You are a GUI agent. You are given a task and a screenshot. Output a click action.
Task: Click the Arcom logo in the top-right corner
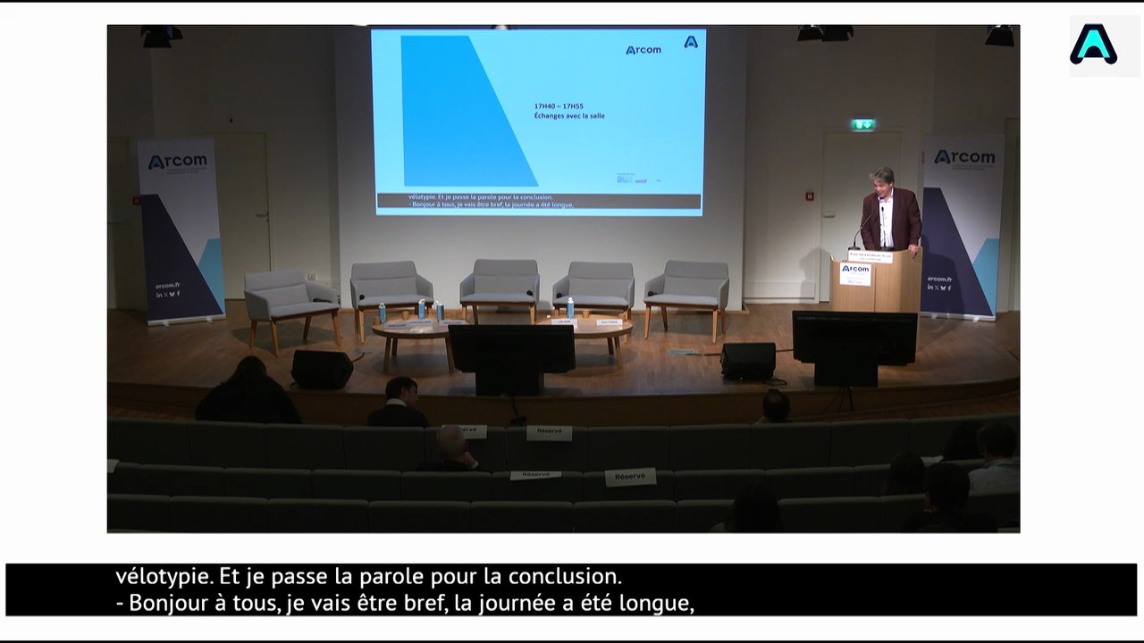point(1093,45)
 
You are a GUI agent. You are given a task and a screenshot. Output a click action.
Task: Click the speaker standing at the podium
point(888,211)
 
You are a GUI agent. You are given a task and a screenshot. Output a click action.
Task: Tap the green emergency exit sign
point(862,125)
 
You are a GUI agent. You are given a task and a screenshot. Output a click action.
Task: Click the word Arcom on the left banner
point(177,162)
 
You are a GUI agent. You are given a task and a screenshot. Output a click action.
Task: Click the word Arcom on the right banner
point(964,157)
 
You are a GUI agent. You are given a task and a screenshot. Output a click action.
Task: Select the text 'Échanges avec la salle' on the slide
point(569,116)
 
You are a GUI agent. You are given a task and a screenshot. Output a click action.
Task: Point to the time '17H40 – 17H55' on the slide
point(559,106)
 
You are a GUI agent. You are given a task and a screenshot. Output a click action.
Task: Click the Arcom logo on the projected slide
point(643,50)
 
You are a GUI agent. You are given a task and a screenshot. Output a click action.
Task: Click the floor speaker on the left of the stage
point(322,369)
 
